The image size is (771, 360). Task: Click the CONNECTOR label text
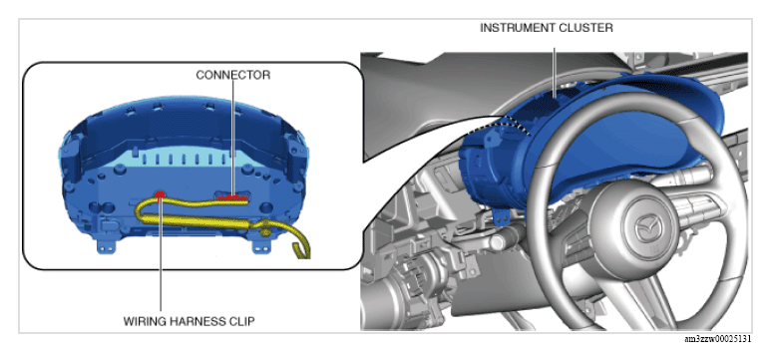233,75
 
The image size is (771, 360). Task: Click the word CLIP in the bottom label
244,322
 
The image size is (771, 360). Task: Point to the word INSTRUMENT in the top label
517,28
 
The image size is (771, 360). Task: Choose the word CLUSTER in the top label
585,28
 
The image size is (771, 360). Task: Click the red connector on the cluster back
232,197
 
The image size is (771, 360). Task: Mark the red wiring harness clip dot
160,194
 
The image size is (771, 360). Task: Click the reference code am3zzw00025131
718,339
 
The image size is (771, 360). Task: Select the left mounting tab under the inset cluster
104,245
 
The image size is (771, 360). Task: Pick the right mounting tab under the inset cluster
259,245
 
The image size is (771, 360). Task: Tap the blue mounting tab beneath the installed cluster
501,215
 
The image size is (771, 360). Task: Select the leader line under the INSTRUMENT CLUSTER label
555,72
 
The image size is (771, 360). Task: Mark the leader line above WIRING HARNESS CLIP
161,255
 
